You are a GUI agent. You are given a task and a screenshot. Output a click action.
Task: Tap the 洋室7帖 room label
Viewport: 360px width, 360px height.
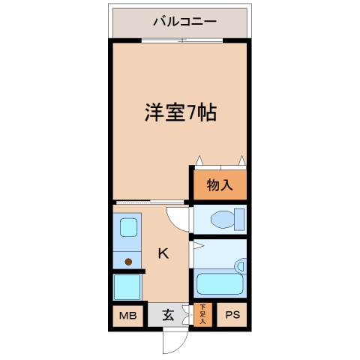click(x=181, y=113)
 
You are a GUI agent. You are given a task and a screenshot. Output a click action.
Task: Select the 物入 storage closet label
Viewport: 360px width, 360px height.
click(x=219, y=184)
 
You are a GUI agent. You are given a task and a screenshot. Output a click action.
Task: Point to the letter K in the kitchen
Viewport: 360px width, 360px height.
click(x=163, y=253)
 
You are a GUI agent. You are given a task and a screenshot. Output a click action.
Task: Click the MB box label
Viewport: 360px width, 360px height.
click(x=126, y=316)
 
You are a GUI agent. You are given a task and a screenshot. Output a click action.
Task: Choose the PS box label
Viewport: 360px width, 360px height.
click(x=230, y=316)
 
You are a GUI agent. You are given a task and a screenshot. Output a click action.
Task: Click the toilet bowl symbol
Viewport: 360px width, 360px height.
click(x=225, y=220)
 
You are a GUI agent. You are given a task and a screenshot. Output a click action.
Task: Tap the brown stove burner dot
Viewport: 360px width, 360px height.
click(x=129, y=262)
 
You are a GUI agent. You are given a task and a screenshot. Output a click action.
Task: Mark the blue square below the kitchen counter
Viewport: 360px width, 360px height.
click(x=127, y=287)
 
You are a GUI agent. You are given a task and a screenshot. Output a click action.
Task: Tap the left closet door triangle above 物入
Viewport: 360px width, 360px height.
click(x=199, y=160)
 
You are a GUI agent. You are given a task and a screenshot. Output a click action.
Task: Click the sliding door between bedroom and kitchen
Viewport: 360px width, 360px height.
click(x=150, y=202)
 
